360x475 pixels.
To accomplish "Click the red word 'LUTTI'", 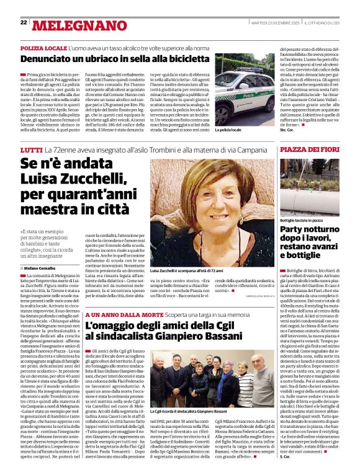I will [31, 151].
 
